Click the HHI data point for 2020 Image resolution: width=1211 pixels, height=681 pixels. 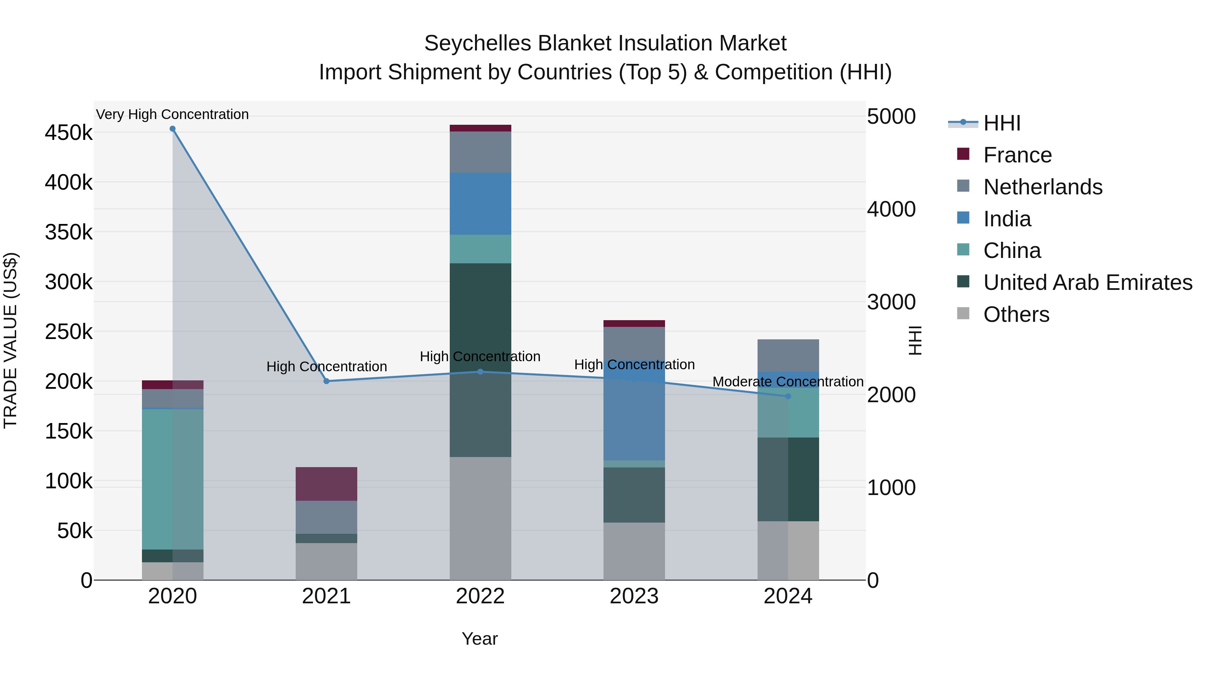pos(173,129)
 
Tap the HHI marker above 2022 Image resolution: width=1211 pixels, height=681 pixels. pos(480,372)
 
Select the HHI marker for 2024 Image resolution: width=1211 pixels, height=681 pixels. pos(788,396)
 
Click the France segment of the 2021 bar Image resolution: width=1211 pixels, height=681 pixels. pos(326,484)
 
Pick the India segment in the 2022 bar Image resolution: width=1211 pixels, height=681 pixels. pos(480,203)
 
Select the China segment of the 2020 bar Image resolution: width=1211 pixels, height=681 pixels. pos(173,479)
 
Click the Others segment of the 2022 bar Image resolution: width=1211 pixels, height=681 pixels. pos(480,518)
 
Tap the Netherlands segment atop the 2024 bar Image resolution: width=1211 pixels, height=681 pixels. pos(788,355)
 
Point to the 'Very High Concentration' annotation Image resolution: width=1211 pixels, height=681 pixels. pos(173,114)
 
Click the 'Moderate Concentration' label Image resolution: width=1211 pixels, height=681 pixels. pos(788,382)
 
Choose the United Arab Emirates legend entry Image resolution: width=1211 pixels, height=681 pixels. pos(1087,282)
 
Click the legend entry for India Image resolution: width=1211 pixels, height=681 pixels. pos(1006,219)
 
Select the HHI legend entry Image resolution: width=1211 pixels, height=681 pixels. pos(1001,123)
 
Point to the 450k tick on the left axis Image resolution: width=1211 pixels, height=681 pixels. pos(69,133)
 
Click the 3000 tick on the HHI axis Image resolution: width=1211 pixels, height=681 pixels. pos(891,302)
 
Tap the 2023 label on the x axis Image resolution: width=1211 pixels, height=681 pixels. pos(634,596)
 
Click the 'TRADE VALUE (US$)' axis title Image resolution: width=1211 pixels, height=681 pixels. pos(11,340)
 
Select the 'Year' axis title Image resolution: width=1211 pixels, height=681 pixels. pos(479,639)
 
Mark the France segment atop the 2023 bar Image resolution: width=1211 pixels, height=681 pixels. pos(634,323)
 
